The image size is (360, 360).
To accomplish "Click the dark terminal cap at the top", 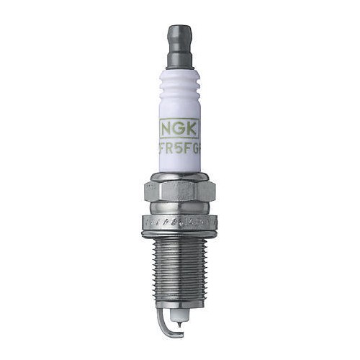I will (x=180, y=32).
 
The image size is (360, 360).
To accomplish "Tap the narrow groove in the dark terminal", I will (x=180, y=42).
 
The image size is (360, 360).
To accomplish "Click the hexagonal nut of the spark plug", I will (x=180, y=189).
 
